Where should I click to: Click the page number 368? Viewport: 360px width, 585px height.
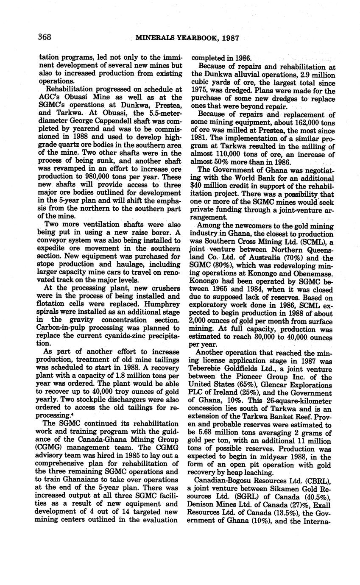click(45, 37)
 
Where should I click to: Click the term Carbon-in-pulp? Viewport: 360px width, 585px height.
click(64, 328)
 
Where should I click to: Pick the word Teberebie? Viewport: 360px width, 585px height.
click(208, 369)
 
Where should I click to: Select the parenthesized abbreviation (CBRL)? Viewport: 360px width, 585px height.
click(316, 481)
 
